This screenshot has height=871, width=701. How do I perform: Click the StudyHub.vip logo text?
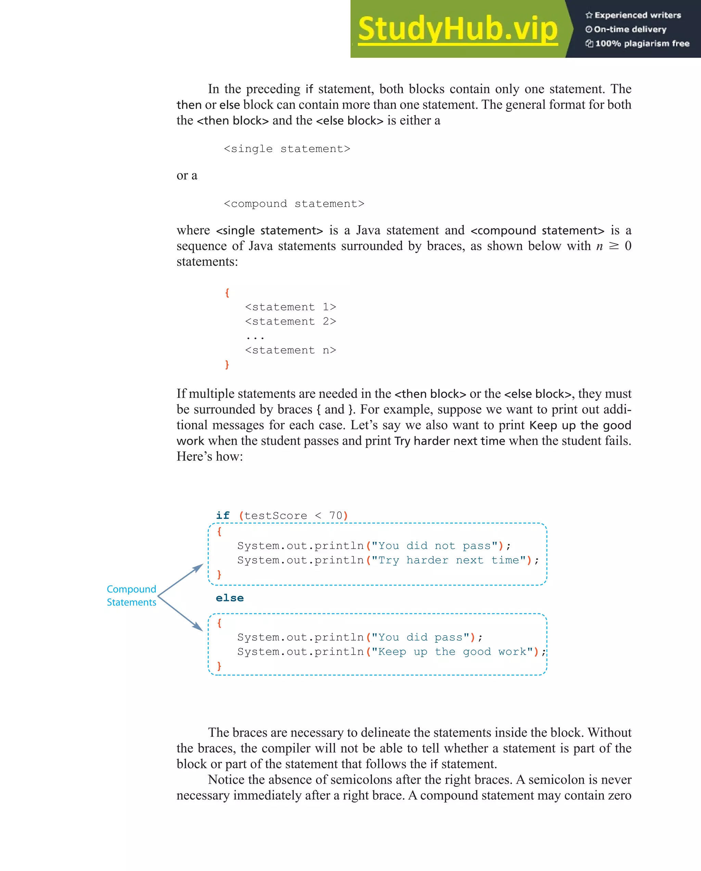pos(457,29)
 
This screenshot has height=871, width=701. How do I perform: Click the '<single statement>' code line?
pos(287,149)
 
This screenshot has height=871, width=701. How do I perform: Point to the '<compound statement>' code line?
pos(294,204)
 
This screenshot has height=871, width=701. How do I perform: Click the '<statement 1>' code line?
pos(290,307)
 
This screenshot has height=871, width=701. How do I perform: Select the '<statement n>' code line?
pos(290,350)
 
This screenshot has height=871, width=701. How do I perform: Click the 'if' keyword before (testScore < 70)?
pos(222,515)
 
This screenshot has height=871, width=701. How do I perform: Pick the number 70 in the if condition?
pos(335,515)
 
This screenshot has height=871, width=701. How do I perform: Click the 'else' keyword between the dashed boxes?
pos(229,598)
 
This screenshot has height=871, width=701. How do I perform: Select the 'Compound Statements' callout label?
pos(131,595)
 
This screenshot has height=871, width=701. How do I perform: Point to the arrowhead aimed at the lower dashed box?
pos(198,627)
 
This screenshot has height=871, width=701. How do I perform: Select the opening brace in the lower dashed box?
pos(219,623)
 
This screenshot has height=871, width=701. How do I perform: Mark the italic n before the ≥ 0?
pos(599,246)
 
